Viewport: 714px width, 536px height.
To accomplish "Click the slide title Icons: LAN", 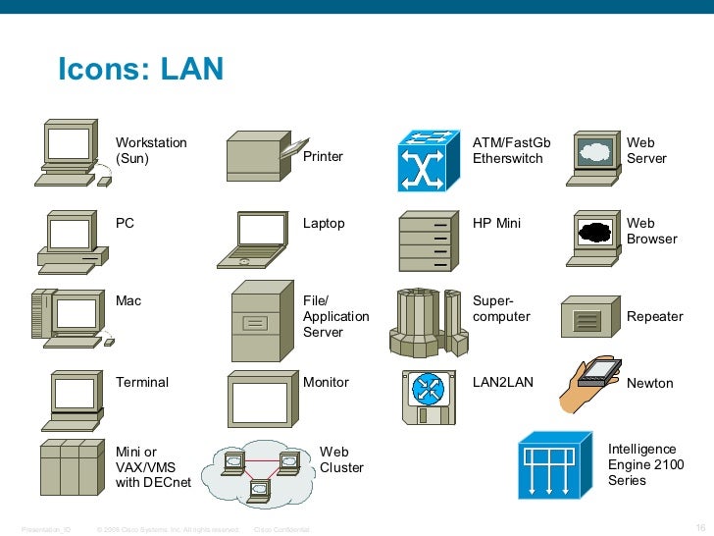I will (140, 69).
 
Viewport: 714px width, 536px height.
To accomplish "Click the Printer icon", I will (260, 157).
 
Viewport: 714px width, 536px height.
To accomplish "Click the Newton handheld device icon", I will (591, 384).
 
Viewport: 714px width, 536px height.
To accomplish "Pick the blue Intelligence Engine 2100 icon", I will (555, 464).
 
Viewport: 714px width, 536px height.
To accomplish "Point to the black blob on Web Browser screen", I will (595, 233).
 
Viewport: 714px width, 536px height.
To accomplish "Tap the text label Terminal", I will (142, 383).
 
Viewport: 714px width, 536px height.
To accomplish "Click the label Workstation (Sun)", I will (151, 150).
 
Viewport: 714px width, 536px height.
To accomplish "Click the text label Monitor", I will (326, 383).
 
